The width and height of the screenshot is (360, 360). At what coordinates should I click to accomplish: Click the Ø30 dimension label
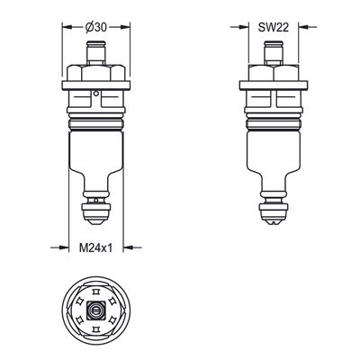pos(95,27)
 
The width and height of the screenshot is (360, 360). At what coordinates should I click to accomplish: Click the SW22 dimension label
pos(274,27)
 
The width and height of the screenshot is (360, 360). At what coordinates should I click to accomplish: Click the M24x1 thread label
pos(95,248)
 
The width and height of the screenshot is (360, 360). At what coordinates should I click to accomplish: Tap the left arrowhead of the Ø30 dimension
pos(67,27)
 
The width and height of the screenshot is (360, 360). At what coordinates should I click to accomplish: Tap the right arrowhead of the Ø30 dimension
pos(124,27)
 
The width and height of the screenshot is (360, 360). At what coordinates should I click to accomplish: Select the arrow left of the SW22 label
pos(239,27)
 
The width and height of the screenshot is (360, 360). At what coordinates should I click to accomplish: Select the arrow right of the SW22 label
pos(308,27)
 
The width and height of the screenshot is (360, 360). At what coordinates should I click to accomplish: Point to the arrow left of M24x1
pos(59,247)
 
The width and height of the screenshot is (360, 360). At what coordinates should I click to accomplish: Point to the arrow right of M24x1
pos(132,247)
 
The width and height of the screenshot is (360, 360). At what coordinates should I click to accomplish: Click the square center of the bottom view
pos(95,310)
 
